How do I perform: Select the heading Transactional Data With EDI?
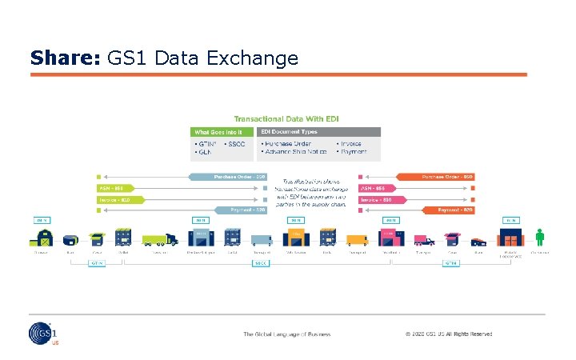pyautogui.click(x=286, y=118)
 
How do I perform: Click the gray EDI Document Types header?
pyautogui.click(x=319, y=131)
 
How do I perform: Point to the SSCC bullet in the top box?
pyautogui.click(x=237, y=144)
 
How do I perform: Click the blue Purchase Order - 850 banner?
pyautogui.click(x=228, y=177)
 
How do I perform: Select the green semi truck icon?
pyautogui.click(x=159, y=239)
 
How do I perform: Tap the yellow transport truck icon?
pyautogui.click(x=356, y=238)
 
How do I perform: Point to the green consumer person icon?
pyautogui.click(x=540, y=237)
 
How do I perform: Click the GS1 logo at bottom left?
pyautogui.click(x=42, y=334)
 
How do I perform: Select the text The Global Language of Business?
pyautogui.click(x=287, y=334)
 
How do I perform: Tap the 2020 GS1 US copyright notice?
pyautogui.click(x=448, y=334)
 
